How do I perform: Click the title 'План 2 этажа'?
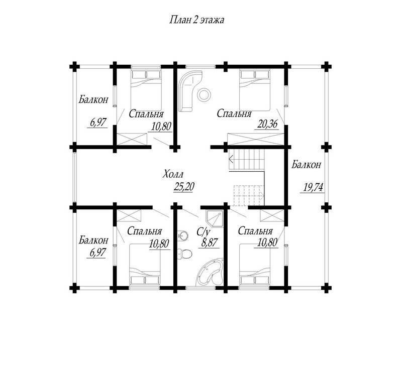[x=196, y=20]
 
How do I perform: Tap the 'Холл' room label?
[x=173, y=175]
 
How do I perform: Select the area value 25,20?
[x=184, y=187]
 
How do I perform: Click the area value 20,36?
[x=266, y=124]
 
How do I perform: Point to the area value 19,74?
[x=313, y=187]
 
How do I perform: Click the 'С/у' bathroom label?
[x=204, y=232]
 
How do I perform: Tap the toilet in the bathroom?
[x=184, y=254]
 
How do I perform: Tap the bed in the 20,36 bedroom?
[x=255, y=90]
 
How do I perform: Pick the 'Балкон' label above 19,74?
[x=306, y=165]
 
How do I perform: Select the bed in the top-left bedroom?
[x=146, y=90]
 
